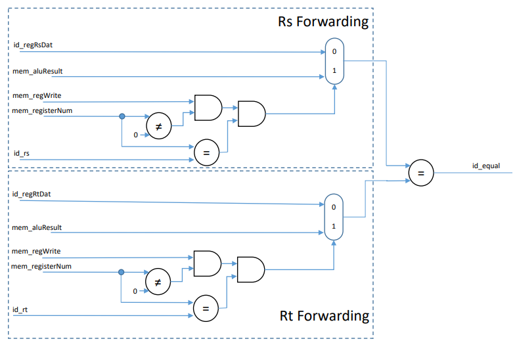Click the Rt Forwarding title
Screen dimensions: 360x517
(x=324, y=315)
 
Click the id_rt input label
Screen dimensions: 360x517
(x=21, y=309)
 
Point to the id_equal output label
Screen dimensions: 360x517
(x=486, y=166)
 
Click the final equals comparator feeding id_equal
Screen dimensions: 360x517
(x=421, y=173)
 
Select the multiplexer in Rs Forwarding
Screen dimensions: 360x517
(x=335, y=60)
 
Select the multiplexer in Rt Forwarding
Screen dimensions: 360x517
(x=334, y=216)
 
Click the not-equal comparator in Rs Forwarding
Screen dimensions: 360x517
(x=158, y=126)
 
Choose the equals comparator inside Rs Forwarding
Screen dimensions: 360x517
(x=206, y=152)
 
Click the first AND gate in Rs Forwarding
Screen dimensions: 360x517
(x=208, y=108)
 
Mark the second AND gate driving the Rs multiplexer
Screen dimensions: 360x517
(x=251, y=114)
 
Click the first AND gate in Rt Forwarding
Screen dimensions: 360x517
(x=207, y=263)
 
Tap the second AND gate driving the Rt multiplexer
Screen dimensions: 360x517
(x=250, y=269)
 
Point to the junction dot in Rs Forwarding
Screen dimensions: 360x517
(x=122, y=116)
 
